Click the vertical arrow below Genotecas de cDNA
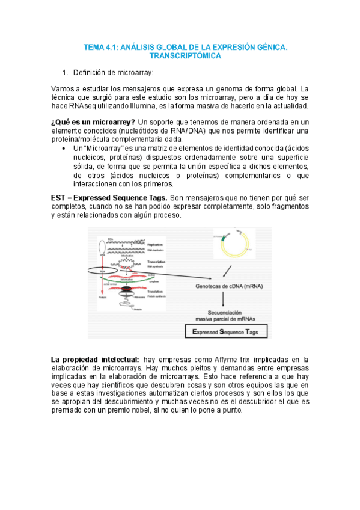point(224,300)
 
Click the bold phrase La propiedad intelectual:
point(96,359)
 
